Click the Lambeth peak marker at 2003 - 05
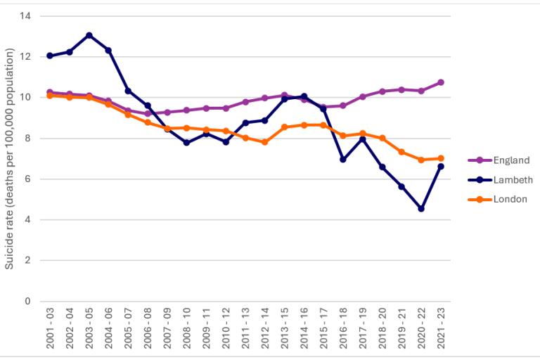pyautogui.click(x=89, y=35)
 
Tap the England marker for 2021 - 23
pyautogui.click(x=441, y=82)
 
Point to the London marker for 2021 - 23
pyautogui.click(x=441, y=158)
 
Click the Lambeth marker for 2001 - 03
pyautogui.click(x=49, y=56)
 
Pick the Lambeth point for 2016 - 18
pyautogui.click(x=343, y=160)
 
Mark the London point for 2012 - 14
pyautogui.click(x=264, y=142)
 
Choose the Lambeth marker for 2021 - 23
pyautogui.click(x=441, y=167)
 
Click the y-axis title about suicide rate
pyautogui.click(x=10, y=159)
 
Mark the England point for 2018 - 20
pyautogui.click(x=382, y=91)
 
